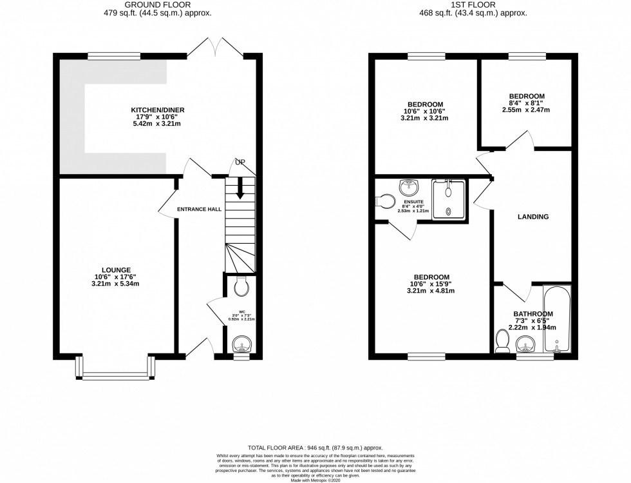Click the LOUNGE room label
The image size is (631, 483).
116,270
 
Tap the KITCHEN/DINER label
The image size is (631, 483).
157,110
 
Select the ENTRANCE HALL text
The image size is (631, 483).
200,209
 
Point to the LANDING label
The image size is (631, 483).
533,217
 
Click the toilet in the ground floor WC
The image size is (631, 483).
241,288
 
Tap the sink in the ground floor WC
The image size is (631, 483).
241,342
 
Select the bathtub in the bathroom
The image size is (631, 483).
556,320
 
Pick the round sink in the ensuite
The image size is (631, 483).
408,188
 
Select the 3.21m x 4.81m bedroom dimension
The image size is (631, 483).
427,291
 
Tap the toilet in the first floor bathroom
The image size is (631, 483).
502,342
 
